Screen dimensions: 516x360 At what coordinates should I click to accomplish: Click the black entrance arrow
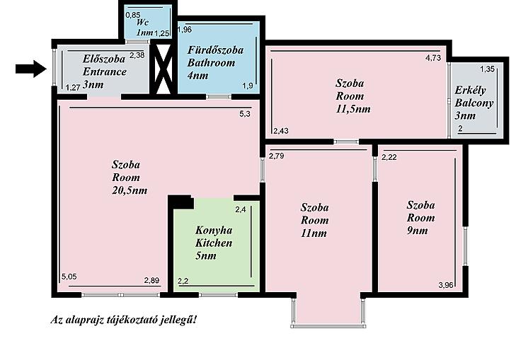tap(31, 69)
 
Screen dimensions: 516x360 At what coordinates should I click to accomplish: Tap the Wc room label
tap(144, 27)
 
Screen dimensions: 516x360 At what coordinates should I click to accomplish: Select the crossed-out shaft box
tap(164, 69)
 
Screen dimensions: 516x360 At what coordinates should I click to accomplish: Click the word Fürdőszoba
tap(216, 50)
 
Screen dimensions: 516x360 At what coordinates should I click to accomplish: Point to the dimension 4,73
tap(433, 58)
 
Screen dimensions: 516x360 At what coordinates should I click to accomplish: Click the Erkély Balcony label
tap(474, 96)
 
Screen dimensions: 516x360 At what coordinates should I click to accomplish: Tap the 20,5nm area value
tap(130, 190)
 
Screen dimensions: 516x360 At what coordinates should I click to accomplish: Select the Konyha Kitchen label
tap(214, 236)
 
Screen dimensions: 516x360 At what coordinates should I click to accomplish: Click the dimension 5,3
tap(245, 114)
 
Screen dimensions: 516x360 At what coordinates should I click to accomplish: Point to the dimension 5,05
tap(69, 277)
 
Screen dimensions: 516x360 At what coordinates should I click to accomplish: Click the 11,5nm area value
tap(353, 109)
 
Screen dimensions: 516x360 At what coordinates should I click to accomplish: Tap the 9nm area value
tap(418, 231)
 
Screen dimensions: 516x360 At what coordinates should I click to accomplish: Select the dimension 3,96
tap(446, 285)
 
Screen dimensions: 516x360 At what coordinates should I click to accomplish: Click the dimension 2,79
tap(277, 156)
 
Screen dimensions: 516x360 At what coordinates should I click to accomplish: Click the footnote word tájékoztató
tap(133, 320)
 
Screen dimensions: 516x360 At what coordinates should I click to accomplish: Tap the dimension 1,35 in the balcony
tap(487, 69)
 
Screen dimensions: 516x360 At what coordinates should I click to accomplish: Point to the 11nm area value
tap(314, 233)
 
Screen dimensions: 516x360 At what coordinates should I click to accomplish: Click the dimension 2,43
tap(281, 131)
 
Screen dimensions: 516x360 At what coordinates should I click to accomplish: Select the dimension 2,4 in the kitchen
tap(241, 209)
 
